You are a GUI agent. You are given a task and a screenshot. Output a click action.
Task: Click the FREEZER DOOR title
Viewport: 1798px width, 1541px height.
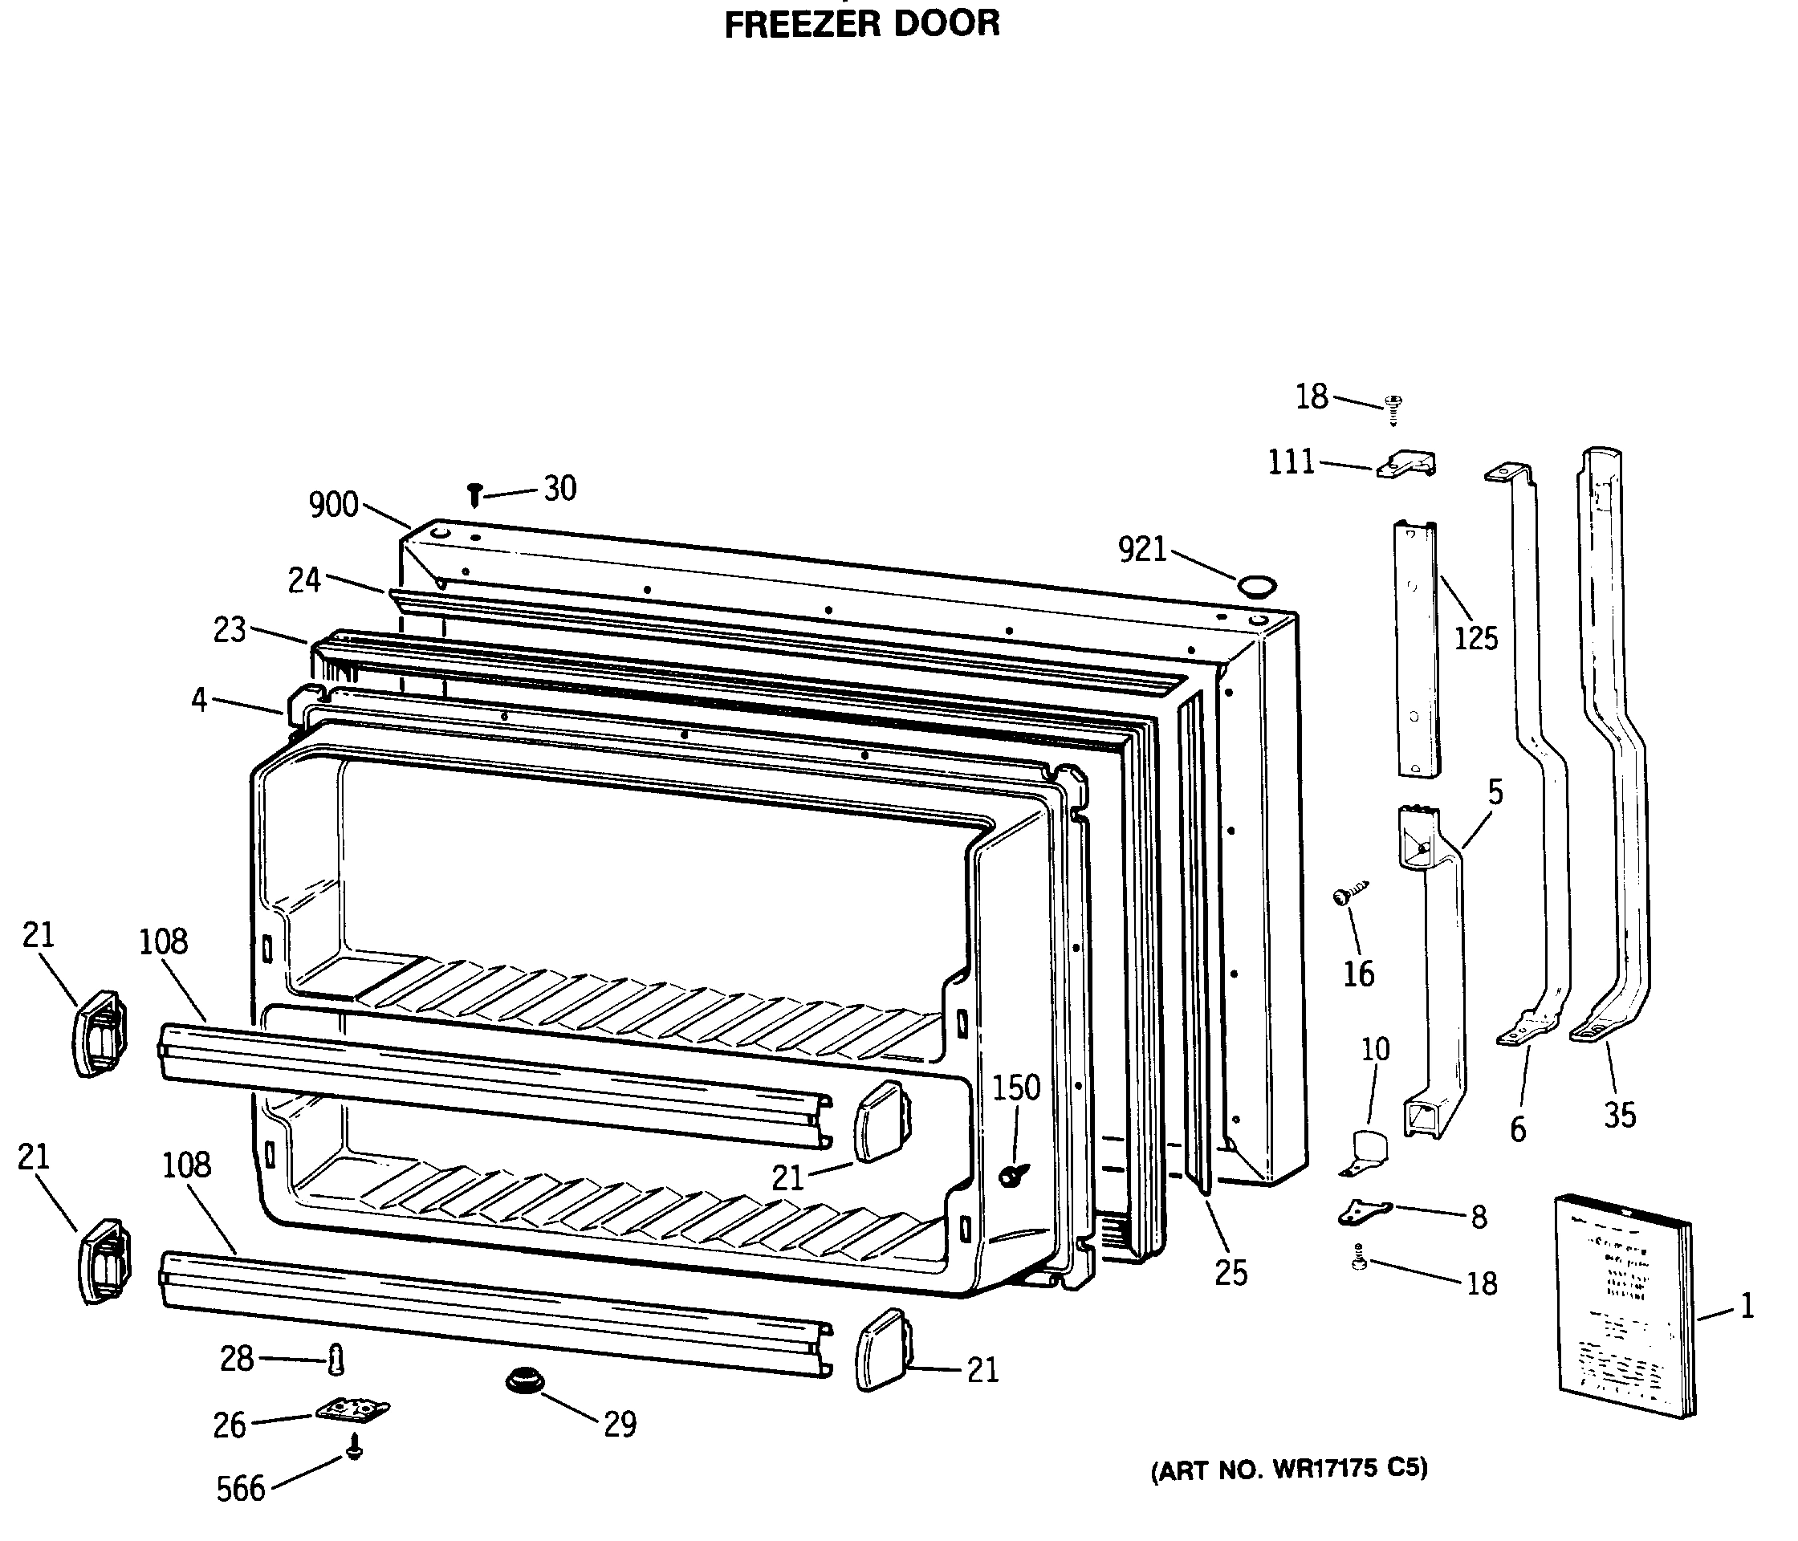(862, 23)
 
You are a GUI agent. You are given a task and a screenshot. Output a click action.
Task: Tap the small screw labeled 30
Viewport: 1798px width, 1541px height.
(474, 494)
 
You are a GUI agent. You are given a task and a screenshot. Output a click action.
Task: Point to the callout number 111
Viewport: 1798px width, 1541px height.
(1292, 462)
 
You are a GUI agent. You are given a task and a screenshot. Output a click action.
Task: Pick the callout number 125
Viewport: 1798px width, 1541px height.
(1476, 638)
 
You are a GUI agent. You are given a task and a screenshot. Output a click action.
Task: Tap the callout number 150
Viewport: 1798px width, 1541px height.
(1016, 1088)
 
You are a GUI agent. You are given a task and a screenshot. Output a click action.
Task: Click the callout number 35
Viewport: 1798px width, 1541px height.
(1619, 1115)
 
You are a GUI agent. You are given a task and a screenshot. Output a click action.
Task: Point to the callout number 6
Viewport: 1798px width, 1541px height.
(1518, 1130)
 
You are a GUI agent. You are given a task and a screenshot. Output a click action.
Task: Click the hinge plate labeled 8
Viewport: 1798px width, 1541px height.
(1364, 1211)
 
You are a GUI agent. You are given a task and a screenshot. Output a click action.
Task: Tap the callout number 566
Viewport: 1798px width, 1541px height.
(240, 1489)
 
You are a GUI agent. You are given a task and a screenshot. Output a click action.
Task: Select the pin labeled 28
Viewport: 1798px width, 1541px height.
(336, 1360)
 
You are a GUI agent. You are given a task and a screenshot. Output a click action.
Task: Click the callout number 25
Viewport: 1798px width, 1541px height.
(1231, 1273)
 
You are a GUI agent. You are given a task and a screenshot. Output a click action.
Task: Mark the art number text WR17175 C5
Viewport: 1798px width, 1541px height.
(1288, 1469)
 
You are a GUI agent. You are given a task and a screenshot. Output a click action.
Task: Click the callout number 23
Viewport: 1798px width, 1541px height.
(230, 630)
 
